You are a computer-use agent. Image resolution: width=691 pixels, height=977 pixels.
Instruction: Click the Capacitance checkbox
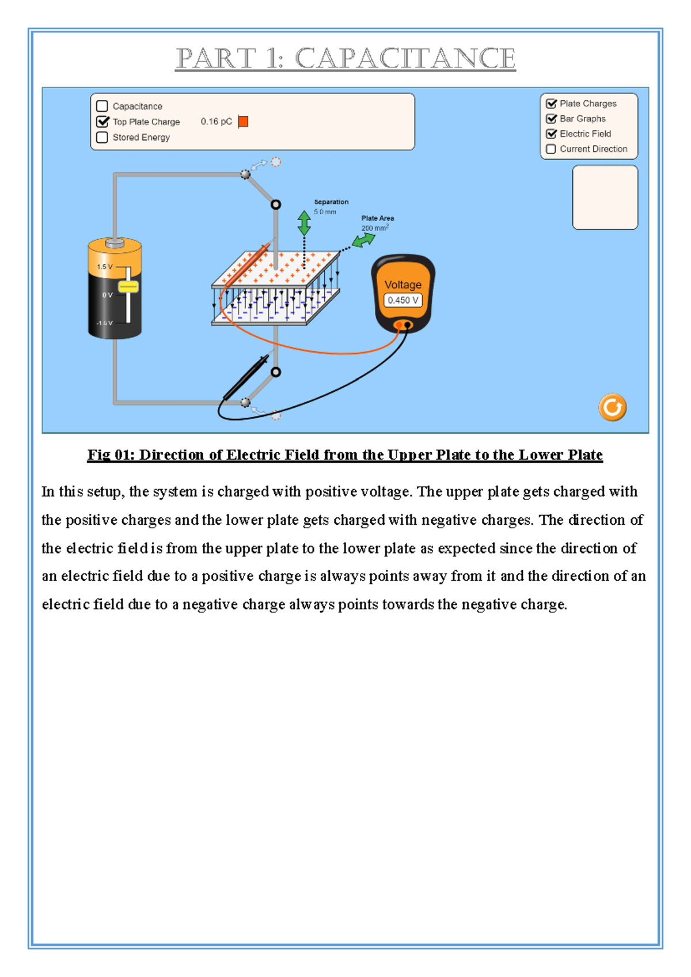(x=102, y=106)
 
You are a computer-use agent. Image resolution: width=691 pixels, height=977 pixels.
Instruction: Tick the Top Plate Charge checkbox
(x=102, y=122)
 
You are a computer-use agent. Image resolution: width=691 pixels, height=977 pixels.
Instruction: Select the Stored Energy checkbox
(x=102, y=137)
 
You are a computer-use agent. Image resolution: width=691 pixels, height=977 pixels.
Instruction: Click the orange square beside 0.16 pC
(x=243, y=122)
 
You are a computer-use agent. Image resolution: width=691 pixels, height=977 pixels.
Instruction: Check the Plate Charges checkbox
(x=551, y=104)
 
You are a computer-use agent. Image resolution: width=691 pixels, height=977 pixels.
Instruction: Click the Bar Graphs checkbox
(x=551, y=119)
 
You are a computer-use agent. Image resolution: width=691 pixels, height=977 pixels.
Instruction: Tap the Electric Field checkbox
(x=551, y=134)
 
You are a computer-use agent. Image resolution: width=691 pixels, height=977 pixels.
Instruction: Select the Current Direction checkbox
(x=551, y=149)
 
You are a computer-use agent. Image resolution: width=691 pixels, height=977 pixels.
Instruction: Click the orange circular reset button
(x=612, y=408)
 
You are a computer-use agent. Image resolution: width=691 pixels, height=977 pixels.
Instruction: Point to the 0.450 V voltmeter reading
(x=403, y=300)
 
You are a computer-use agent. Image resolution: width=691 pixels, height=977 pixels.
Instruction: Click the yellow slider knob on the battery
(x=128, y=286)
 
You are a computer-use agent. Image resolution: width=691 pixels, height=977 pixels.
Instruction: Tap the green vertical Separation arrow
(x=304, y=223)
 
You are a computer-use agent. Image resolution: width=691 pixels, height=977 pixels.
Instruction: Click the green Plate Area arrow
(x=363, y=240)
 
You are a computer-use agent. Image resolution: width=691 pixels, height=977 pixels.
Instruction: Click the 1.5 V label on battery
(x=105, y=267)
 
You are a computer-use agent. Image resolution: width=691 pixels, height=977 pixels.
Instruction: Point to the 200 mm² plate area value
(x=374, y=228)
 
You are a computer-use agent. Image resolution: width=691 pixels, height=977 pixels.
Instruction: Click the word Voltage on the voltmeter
(x=403, y=285)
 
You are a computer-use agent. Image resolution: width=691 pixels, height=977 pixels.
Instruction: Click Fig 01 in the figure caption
(x=110, y=455)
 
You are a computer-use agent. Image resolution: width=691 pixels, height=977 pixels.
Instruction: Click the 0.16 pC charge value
(x=216, y=122)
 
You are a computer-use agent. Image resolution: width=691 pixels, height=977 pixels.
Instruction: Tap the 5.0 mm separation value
(x=325, y=212)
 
